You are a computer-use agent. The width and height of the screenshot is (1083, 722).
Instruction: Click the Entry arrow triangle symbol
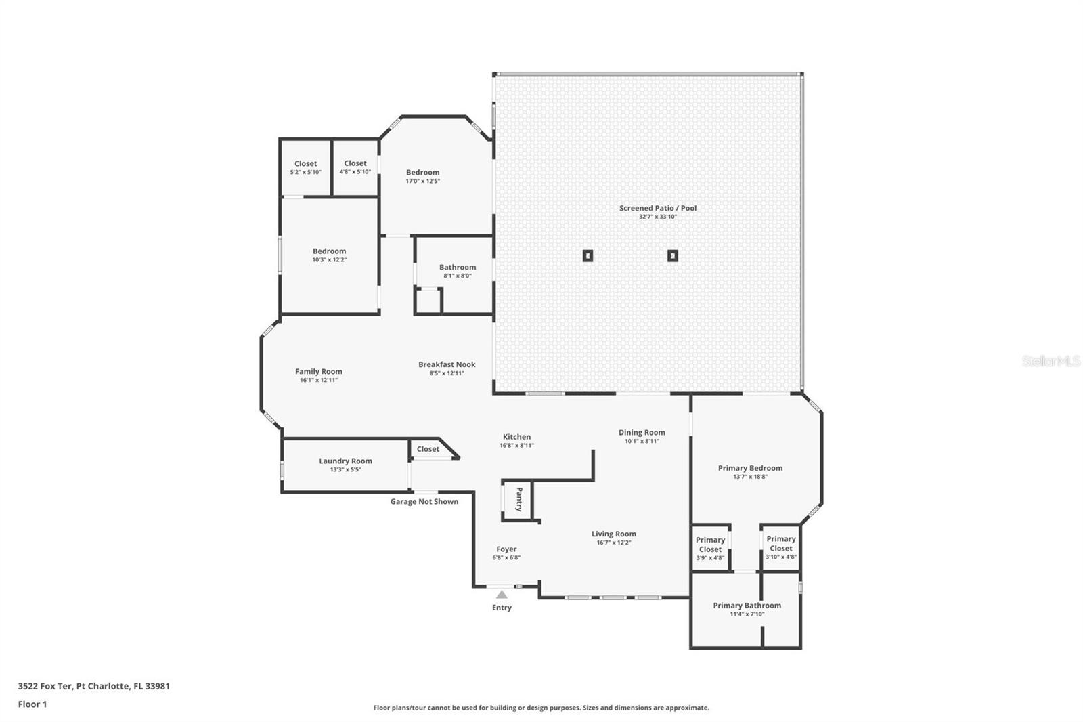point(502,594)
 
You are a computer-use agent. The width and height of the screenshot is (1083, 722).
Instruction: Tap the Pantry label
point(519,499)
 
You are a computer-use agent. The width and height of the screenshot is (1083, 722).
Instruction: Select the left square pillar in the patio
point(588,255)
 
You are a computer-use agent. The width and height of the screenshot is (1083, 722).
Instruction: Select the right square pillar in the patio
point(673,255)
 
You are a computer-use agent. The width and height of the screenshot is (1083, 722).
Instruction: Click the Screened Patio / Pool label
point(658,208)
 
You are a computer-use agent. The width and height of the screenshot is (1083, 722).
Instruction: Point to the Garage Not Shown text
point(424,501)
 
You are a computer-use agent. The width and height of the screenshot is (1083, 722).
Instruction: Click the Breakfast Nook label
point(447,364)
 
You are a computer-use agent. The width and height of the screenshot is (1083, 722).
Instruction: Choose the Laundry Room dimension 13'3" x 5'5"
point(346,469)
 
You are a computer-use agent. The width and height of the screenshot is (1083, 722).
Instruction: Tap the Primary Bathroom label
point(747,606)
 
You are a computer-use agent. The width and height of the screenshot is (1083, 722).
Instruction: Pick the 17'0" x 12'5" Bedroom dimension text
point(422,181)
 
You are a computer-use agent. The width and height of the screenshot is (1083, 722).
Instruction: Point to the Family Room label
point(319,372)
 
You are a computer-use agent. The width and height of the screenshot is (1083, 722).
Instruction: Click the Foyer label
point(506,549)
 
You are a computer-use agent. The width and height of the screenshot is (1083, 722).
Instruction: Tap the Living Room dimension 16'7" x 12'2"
point(614,543)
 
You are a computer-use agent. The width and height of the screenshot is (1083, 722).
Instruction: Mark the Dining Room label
point(642,433)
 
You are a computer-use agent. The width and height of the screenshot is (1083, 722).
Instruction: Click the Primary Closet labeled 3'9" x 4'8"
point(710,549)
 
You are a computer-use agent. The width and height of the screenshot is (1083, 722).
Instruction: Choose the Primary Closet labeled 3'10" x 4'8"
point(781,547)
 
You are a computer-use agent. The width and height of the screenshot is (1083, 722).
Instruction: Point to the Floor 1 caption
point(32,704)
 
